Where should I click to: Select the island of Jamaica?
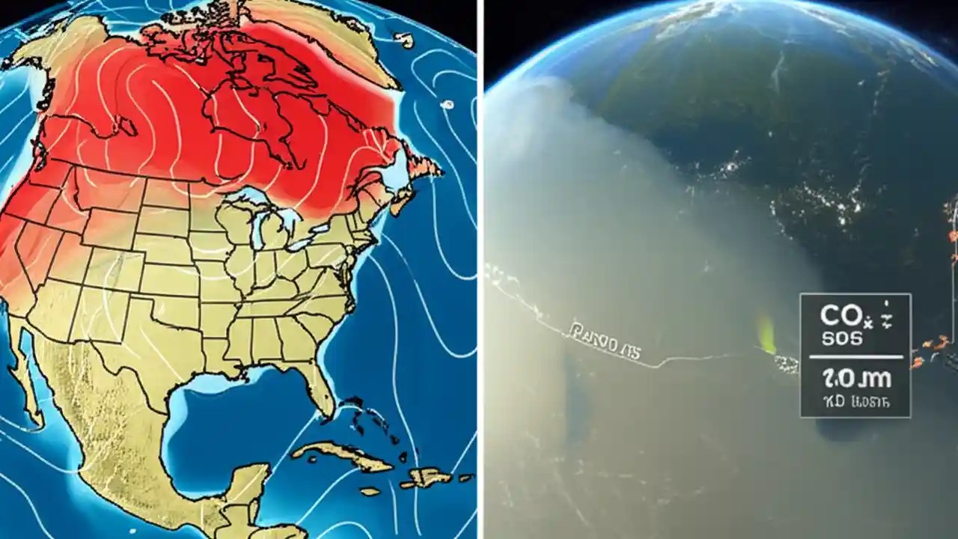[x=370, y=492]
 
